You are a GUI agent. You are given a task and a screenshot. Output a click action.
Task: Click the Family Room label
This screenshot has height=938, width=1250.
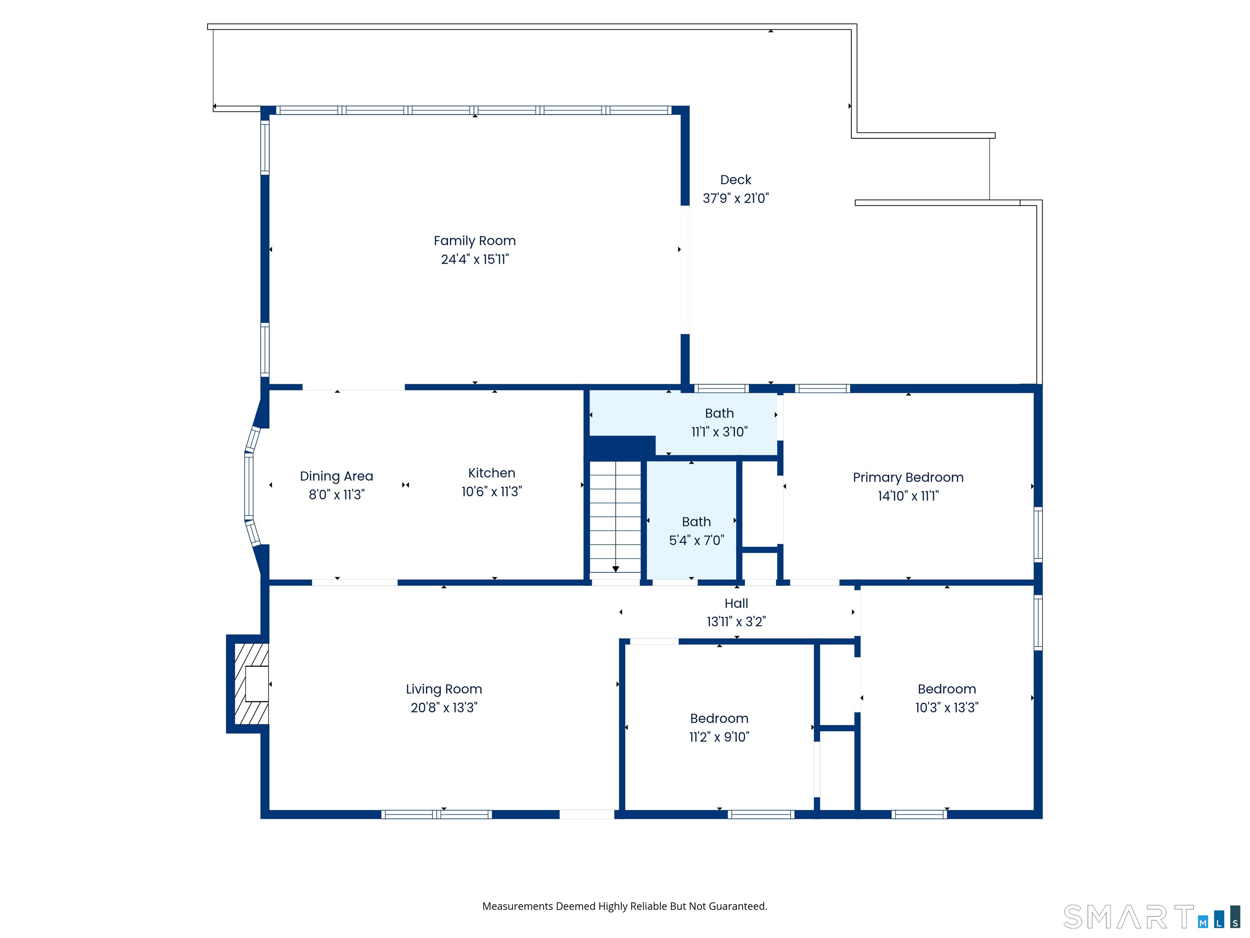(x=475, y=241)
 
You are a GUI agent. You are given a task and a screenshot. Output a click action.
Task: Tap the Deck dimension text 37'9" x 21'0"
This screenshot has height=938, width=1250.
(x=736, y=198)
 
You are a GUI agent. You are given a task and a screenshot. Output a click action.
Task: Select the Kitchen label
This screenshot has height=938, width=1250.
(x=492, y=473)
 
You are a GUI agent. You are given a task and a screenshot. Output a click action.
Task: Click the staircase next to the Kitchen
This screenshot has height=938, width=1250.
(x=615, y=519)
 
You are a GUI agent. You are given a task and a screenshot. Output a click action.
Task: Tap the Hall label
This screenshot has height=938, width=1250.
(x=736, y=603)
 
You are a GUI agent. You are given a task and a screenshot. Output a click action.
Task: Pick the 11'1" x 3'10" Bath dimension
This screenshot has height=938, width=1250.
(x=719, y=432)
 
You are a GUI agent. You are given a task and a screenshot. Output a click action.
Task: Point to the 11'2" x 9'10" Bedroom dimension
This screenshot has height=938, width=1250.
(x=719, y=737)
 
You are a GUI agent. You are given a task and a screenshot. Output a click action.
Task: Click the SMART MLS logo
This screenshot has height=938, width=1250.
(x=1151, y=916)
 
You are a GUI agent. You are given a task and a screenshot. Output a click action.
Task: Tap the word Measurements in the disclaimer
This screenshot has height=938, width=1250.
(x=518, y=906)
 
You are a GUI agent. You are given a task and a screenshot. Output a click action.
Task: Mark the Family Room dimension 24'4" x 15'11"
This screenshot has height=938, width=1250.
(x=475, y=259)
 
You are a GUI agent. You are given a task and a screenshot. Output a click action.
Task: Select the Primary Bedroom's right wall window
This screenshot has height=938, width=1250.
(x=1038, y=534)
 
